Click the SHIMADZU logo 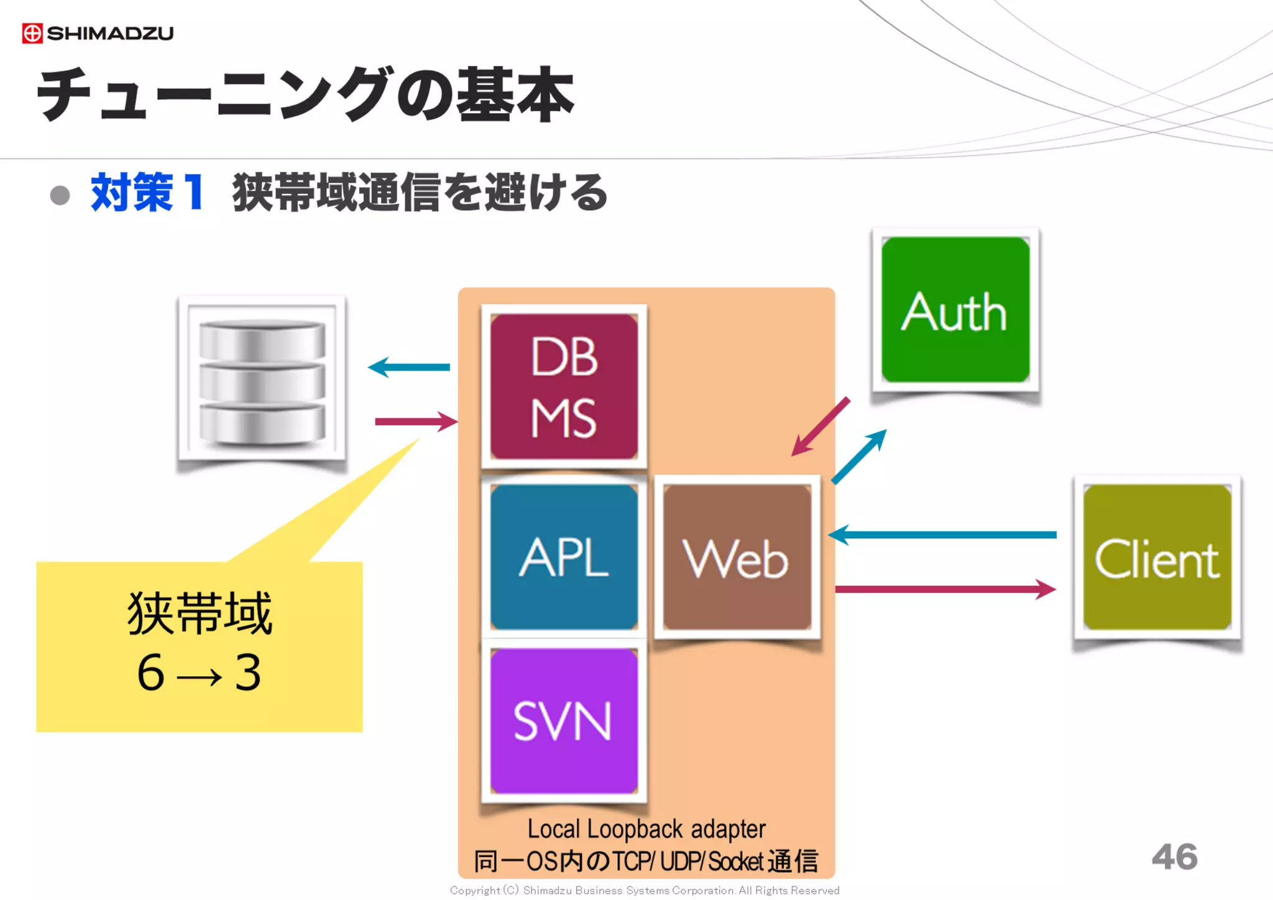(98, 33)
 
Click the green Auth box (955, 310)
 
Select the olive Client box (1157, 558)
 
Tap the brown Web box (737, 558)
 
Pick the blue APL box (564, 558)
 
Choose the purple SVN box (564, 721)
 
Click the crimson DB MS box (564, 387)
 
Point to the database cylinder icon (262, 381)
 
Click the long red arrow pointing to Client (945, 589)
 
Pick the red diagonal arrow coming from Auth (821, 427)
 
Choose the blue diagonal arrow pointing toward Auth (859, 456)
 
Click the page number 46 (1174, 857)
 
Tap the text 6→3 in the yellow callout (199, 673)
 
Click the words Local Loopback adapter (646, 829)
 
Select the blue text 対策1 (147, 193)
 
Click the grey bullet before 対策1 (60, 195)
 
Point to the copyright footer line (645, 890)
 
